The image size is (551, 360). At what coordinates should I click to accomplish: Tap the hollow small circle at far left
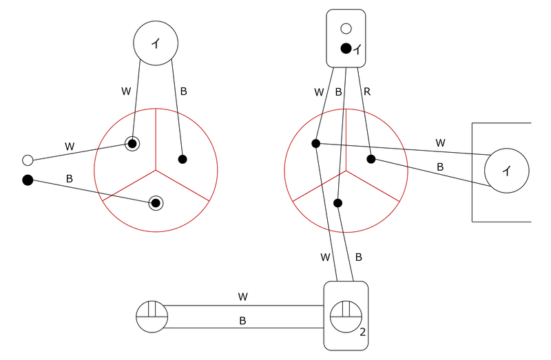coord(28,160)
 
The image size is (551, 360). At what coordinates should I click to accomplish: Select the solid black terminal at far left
coord(28,180)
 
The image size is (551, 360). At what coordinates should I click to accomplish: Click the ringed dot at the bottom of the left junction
coord(156,203)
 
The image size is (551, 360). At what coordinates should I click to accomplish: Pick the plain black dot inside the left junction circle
coord(183,159)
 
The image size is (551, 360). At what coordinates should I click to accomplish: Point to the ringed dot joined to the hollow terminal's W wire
coord(132,144)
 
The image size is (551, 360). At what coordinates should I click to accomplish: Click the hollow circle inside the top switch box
coord(346,28)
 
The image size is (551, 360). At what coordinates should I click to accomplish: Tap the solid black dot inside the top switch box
coord(346,48)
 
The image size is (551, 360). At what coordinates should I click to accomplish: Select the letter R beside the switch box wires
coord(367,92)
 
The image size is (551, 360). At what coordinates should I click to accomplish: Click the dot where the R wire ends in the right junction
coord(371,159)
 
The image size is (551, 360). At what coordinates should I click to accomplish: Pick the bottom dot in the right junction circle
coord(337,203)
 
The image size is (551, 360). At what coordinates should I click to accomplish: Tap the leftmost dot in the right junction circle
coord(316,143)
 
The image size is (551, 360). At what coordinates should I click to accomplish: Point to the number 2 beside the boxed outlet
coord(363,332)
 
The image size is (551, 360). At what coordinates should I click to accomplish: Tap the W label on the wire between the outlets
coord(243,297)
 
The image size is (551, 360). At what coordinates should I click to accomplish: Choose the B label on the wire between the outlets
coord(242,321)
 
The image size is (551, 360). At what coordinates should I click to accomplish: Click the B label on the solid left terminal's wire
coord(70,179)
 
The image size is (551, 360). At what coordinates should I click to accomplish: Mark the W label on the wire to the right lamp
coord(440,143)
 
